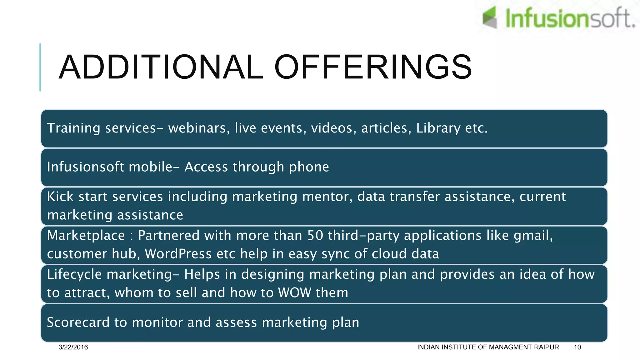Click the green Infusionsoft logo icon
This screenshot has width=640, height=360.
pos(490,17)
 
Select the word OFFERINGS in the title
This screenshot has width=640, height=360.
pos(373,67)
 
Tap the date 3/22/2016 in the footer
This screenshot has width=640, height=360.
pos(73,347)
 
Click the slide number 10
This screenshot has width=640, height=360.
pos(577,347)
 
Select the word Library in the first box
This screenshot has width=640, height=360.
pos(438,128)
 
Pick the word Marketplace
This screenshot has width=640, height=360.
pos(86,236)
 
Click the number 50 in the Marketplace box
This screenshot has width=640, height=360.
pos(315,236)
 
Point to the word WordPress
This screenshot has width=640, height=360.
pos(178,254)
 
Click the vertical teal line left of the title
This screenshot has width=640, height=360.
pos(40,67)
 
